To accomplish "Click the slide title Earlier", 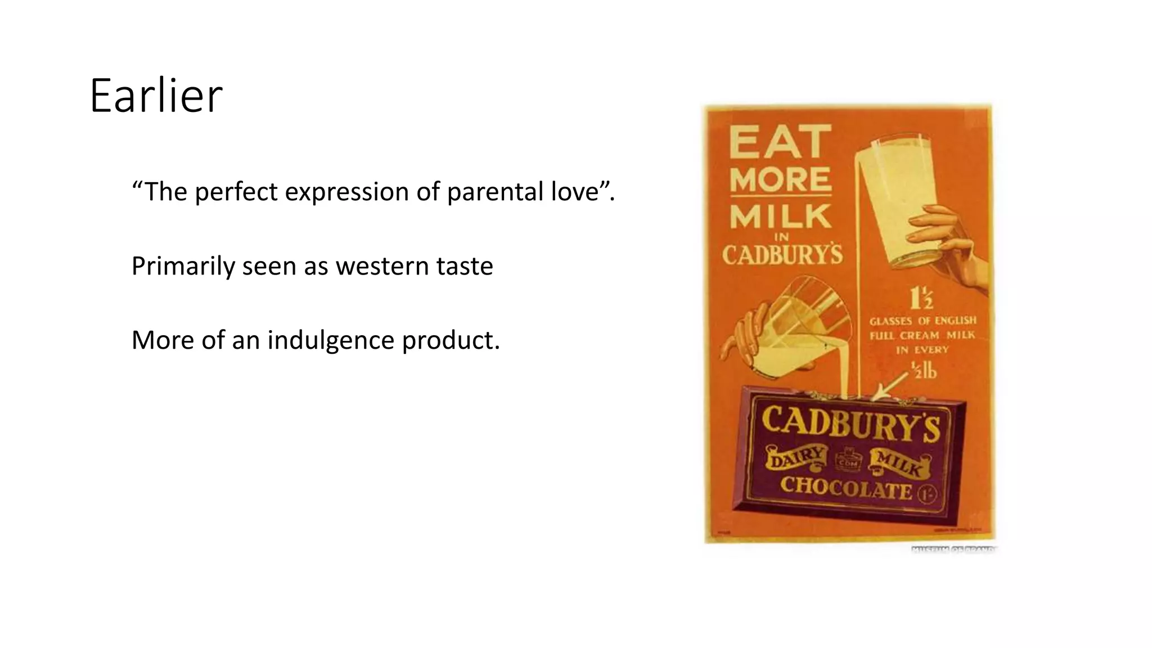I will coord(156,96).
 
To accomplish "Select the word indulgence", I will coord(331,340).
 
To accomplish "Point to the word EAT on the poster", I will coord(780,142).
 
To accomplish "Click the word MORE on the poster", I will coord(780,180).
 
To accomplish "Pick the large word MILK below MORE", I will coord(780,217).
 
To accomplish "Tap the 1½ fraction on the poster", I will coord(921,298).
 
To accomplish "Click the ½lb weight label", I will coord(924,370).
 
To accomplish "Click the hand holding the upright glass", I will coord(951,242).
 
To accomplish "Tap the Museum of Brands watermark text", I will coord(953,549).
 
